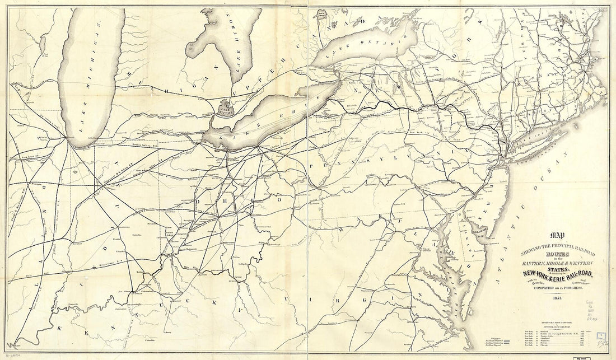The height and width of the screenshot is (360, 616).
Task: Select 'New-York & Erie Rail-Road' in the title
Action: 549,273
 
